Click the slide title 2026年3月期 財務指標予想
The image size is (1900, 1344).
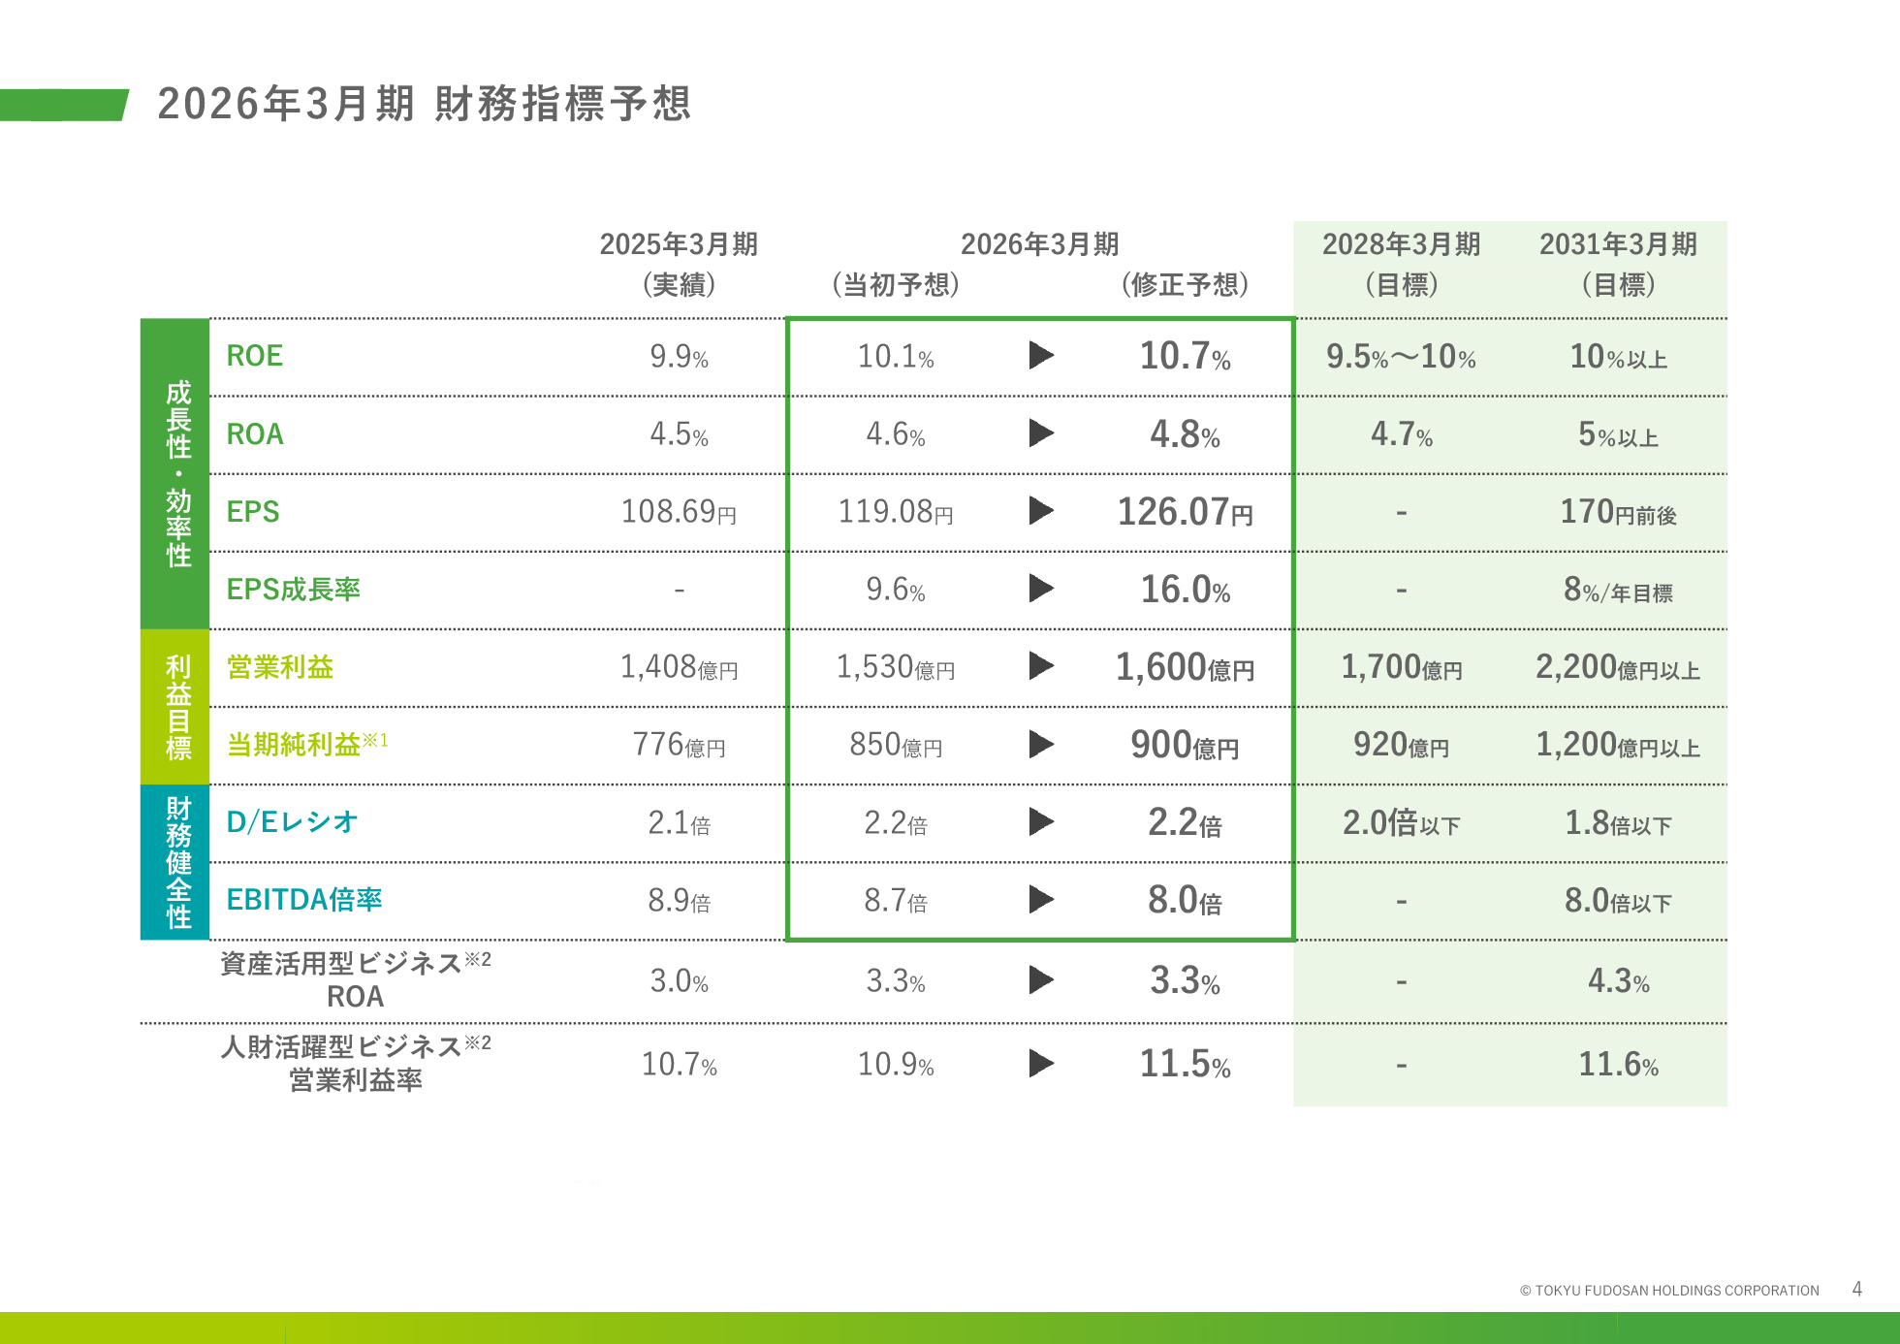[x=424, y=104]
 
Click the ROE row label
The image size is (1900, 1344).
[x=255, y=356]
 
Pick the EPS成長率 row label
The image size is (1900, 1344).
[x=293, y=590]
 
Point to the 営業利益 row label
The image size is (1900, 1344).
[x=280, y=667]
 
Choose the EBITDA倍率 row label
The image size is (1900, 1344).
[x=303, y=900]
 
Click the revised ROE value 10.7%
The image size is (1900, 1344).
[x=1185, y=356]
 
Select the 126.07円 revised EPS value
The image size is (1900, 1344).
[x=1185, y=512]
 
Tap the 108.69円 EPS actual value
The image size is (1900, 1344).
[x=679, y=512]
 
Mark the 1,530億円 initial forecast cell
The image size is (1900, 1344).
[x=896, y=667]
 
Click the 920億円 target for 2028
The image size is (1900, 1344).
[x=1401, y=745]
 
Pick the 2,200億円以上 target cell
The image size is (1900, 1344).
[x=1618, y=667]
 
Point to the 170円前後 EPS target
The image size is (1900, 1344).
[x=1618, y=512]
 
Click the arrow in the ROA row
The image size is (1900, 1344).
[x=1041, y=432]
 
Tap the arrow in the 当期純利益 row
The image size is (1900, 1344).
[x=1041, y=744]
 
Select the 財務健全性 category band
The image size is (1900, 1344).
[x=175, y=862]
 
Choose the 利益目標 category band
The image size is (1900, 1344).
[x=175, y=707]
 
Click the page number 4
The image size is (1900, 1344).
[x=1856, y=1289]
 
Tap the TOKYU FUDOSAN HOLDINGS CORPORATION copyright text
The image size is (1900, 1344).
[x=1669, y=1291]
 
